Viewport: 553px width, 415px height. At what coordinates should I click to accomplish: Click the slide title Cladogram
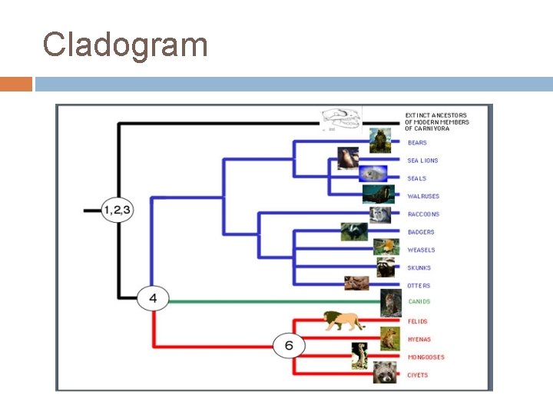125,45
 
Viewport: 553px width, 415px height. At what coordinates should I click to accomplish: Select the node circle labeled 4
153,297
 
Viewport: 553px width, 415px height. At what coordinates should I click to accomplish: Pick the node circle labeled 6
289,346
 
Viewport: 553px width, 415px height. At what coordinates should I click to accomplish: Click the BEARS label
417,143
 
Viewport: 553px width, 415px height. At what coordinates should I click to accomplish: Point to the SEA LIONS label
422,161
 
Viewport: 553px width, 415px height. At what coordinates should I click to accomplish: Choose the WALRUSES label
423,197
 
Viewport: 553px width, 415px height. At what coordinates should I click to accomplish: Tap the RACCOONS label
423,214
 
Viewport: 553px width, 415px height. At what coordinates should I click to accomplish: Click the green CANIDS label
419,302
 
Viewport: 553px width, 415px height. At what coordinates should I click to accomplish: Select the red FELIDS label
418,321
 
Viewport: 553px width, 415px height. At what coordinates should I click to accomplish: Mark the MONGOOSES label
426,357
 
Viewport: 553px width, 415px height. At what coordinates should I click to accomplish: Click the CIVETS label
418,375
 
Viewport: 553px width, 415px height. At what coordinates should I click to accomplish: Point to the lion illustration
343,320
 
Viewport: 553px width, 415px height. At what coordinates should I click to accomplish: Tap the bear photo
379,140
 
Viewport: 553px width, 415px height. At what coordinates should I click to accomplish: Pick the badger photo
354,231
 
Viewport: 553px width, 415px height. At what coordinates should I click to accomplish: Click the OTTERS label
419,286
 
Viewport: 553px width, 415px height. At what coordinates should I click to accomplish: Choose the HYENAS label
419,340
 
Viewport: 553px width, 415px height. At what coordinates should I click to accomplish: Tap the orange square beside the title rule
16,84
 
